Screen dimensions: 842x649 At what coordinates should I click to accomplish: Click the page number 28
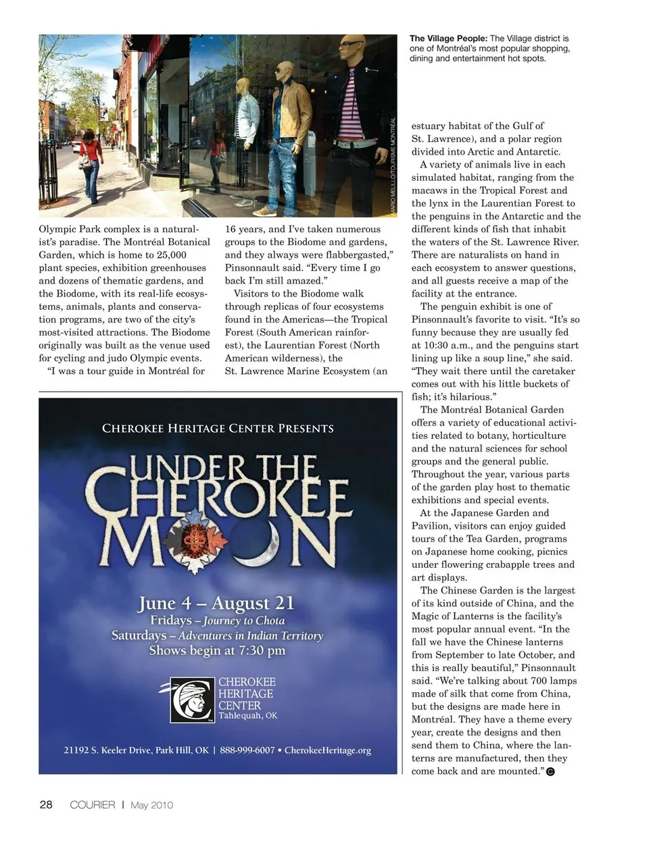coord(46,804)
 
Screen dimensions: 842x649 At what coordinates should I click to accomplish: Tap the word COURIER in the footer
coord(93,805)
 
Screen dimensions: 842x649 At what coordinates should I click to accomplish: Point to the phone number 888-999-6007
coord(247,750)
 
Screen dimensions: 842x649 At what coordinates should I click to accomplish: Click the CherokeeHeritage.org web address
coord(328,750)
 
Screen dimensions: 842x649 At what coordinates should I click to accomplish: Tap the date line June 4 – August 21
coord(216,603)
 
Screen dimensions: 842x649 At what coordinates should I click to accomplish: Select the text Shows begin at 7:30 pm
coord(217,651)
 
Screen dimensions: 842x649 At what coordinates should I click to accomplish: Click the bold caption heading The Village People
coord(448,39)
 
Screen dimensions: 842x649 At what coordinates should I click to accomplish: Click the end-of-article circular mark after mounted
coord(550,772)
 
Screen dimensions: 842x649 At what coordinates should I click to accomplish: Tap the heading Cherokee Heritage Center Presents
coord(218,428)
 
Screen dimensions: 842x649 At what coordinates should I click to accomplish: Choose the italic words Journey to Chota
coord(243,621)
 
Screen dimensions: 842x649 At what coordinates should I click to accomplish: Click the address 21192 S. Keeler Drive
coord(106,750)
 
